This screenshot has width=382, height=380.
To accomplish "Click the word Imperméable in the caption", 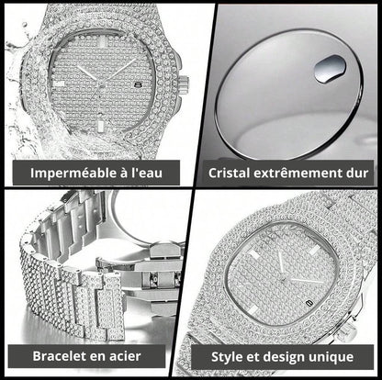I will (64, 173).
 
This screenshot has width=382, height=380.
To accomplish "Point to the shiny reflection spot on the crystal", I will (330, 68).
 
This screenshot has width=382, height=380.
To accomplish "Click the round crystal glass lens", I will (285, 87).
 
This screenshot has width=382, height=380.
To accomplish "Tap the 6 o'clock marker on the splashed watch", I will (95, 120).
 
